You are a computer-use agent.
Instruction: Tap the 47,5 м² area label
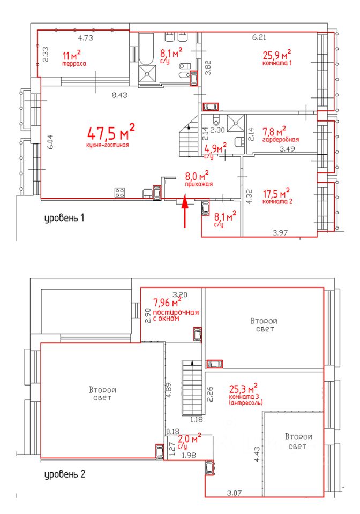(111, 132)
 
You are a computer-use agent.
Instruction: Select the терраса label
(74, 64)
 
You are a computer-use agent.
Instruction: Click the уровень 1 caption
(64, 218)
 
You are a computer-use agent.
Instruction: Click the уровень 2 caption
(65, 474)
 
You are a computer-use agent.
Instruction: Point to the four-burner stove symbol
(119, 192)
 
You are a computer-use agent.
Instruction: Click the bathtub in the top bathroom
(146, 49)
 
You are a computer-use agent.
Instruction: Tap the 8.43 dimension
(119, 95)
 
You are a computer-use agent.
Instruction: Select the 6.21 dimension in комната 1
(259, 37)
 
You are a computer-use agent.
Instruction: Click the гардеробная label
(281, 140)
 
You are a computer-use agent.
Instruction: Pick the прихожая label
(199, 184)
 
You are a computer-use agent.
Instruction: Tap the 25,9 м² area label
(277, 54)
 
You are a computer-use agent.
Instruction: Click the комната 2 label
(277, 201)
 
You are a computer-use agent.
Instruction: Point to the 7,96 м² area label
(168, 301)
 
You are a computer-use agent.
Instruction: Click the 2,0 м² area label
(190, 439)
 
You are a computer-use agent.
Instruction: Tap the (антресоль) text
(246, 402)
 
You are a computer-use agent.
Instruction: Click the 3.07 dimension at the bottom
(235, 493)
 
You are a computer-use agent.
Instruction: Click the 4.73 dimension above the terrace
(85, 38)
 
